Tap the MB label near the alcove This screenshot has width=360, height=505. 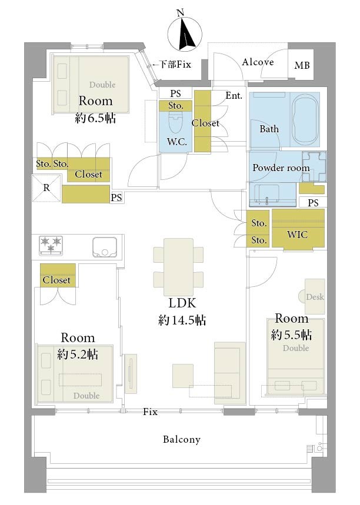click(302, 65)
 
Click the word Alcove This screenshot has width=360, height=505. click(258, 62)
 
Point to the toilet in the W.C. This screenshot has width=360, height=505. click(175, 123)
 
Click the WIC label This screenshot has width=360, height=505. click(297, 235)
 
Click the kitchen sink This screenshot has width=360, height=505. click(105, 248)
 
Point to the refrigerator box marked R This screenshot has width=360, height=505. click(46, 188)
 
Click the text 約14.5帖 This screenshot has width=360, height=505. click(182, 320)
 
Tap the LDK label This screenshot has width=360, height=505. click(182, 303)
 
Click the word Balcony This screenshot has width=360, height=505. click(181, 439)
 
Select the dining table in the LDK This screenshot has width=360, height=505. click(178, 267)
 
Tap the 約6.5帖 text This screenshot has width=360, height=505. click(95, 118)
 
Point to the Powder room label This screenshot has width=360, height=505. click(281, 168)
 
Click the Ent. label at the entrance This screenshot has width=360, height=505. click(234, 95)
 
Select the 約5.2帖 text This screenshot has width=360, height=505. click(77, 354)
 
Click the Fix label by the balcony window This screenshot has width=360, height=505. click(150, 412)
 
